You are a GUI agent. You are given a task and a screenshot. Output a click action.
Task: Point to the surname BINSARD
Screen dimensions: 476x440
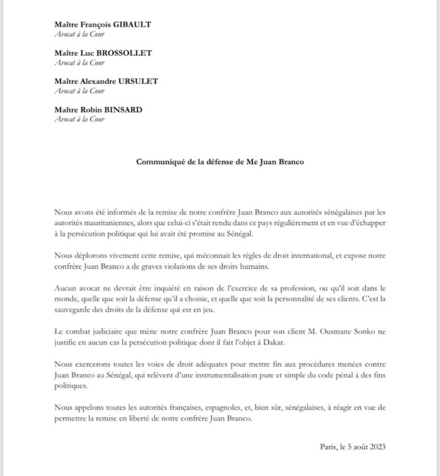pyautogui.click(x=124, y=109)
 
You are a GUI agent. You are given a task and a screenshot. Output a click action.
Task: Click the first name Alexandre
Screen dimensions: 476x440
pyautogui.click(x=98, y=81)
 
